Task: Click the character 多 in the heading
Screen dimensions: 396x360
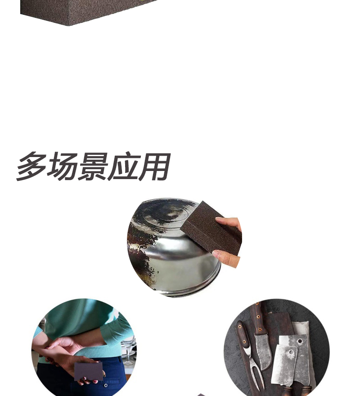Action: [x=32, y=166]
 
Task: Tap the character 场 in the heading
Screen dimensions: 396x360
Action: [x=62, y=166]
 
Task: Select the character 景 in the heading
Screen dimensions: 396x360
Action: [x=92, y=166]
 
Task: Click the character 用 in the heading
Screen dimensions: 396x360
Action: [x=153, y=166]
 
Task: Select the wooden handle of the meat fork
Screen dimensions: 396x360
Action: [x=243, y=335]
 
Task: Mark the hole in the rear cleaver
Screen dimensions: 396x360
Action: [x=299, y=341]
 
